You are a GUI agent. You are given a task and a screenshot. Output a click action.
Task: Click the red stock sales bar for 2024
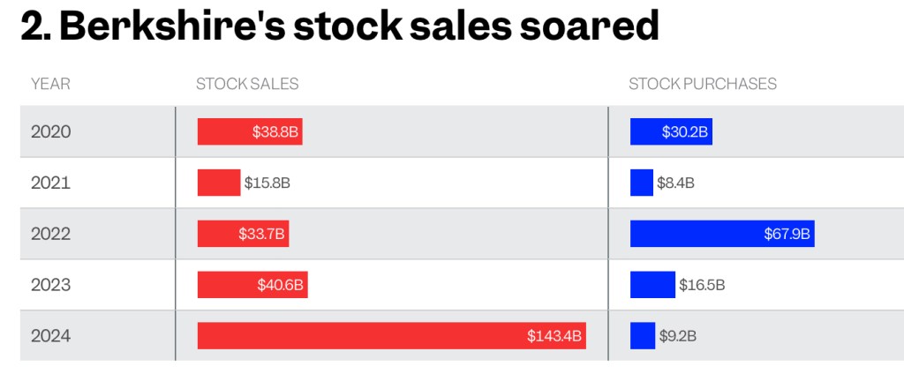click(392, 336)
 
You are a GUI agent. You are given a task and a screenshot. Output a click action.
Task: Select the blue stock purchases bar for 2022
click(722, 234)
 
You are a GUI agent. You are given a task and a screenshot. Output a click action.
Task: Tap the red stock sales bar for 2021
click(219, 183)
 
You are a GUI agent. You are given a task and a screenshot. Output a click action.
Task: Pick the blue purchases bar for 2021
click(642, 183)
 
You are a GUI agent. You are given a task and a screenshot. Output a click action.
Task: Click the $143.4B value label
click(554, 336)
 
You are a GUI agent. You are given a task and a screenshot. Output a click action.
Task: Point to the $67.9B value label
click(787, 234)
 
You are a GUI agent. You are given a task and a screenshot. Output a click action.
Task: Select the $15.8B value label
click(267, 183)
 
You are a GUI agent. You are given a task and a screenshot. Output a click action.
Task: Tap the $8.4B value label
click(675, 183)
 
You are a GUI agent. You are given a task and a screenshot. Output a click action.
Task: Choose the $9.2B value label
click(678, 336)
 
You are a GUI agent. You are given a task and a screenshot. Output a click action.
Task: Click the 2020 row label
click(50, 131)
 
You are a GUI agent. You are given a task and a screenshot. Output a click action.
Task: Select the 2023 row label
click(50, 285)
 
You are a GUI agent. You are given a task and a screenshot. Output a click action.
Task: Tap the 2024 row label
click(50, 336)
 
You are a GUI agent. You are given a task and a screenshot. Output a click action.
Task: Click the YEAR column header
click(50, 84)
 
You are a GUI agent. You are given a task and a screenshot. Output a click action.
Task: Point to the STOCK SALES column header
click(247, 84)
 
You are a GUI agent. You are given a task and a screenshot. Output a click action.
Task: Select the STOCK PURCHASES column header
click(703, 84)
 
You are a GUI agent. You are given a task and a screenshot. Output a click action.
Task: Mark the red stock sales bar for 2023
click(252, 285)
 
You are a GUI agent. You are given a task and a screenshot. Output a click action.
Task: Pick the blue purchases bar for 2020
click(671, 131)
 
